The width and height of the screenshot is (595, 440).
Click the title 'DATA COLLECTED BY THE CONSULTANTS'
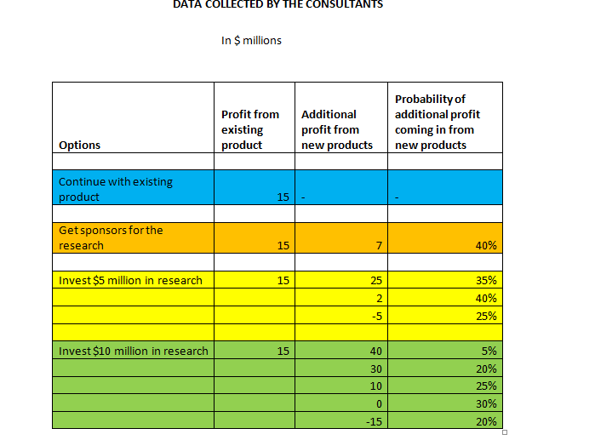(x=277, y=4)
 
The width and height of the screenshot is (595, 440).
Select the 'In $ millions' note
(x=251, y=40)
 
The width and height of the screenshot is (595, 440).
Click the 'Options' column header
(x=79, y=145)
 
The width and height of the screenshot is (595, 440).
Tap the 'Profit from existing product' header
(x=249, y=129)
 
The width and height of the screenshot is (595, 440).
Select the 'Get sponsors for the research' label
(x=111, y=237)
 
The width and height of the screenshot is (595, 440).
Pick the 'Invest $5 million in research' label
(x=130, y=280)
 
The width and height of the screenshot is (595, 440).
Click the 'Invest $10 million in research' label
(x=133, y=351)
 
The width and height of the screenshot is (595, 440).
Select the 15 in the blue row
(x=283, y=197)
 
